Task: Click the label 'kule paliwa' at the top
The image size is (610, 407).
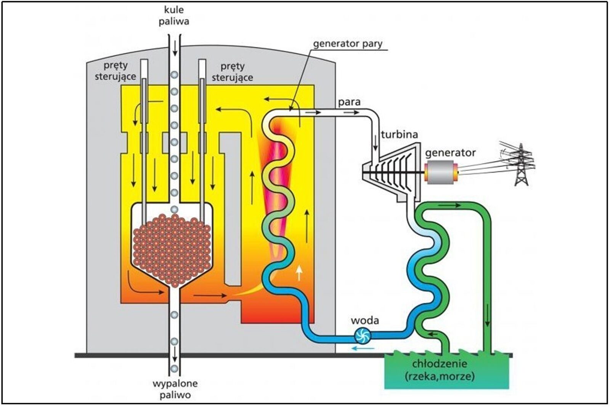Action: pyautogui.click(x=174, y=16)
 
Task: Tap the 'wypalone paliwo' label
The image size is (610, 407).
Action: pyautogui.click(x=175, y=389)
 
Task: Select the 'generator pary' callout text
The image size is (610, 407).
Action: pyautogui.click(x=347, y=44)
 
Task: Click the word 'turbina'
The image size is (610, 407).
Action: pyautogui.click(x=399, y=134)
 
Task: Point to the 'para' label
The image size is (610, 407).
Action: pyautogui.click(x=349, y=102)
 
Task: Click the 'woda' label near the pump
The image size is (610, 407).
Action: pyautogui.click(x=365, y=320)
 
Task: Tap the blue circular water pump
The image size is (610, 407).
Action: pyautogui.click(x=362, y=336)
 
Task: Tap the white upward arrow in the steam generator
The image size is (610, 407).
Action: pyautogui.click(x=299, y=273)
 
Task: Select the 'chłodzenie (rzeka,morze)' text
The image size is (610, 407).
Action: pyautogui.click(x=439, y=370)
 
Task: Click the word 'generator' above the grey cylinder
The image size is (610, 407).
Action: pyautogui.click(x=450, y=153)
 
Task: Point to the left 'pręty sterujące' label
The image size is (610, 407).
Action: pyautogui.click(x=115, y=71)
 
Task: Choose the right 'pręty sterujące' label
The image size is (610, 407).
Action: pyautogui.click(x=232, y=72)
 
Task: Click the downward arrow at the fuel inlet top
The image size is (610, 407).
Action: pyautogui.click(x=175, y=48)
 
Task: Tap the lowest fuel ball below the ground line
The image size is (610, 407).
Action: pyautogui.click(x=174, y=368)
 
